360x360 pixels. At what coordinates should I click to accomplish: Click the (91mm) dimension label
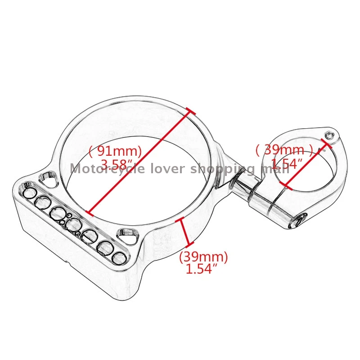(115, 150)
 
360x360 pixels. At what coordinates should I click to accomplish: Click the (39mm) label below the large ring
(203, 258)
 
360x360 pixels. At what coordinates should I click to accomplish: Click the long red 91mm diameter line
(139, 162)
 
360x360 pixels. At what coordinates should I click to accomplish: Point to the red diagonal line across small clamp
(306, 166)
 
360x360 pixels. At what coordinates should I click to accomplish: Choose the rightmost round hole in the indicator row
(118, 257)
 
